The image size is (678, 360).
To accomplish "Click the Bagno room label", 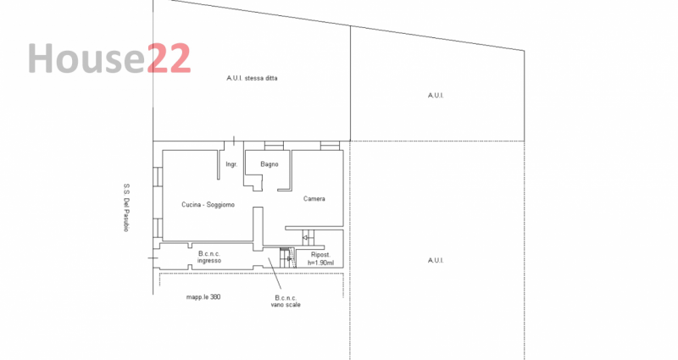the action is [x=269, y=164].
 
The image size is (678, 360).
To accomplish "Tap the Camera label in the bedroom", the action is [x=314, y=199].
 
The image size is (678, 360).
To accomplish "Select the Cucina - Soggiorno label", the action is [x=208, y=204].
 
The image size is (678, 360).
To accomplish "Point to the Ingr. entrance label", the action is [x=231, y=164].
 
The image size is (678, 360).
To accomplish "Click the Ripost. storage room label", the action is [x=320, y=255].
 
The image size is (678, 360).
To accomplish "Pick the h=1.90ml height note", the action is [x=320, y=263].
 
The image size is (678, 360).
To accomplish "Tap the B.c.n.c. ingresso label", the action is [x=209, y=258].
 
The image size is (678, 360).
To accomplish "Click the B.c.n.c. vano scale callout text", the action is [x=286, y=302].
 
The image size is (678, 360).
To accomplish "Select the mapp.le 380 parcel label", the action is [x=203, y=297].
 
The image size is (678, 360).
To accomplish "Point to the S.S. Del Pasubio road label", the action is [x=126, y=208].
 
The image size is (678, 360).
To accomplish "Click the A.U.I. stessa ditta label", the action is [x=252, y=78].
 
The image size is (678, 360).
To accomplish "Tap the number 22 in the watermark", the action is [x=169, y=58].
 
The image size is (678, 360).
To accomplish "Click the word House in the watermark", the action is [x=86, y=58].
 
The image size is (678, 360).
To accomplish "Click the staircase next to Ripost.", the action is [x=287, y=258].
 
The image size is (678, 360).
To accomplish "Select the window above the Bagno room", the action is [x=274, y=146].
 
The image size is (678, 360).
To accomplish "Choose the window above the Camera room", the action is [x=330, y=146].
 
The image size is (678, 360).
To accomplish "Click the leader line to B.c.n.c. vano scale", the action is [x=275, y=274].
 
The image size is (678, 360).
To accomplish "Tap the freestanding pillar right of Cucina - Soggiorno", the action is [x=258, y=229].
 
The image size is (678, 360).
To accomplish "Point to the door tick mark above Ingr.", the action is [x=234, y=141].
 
